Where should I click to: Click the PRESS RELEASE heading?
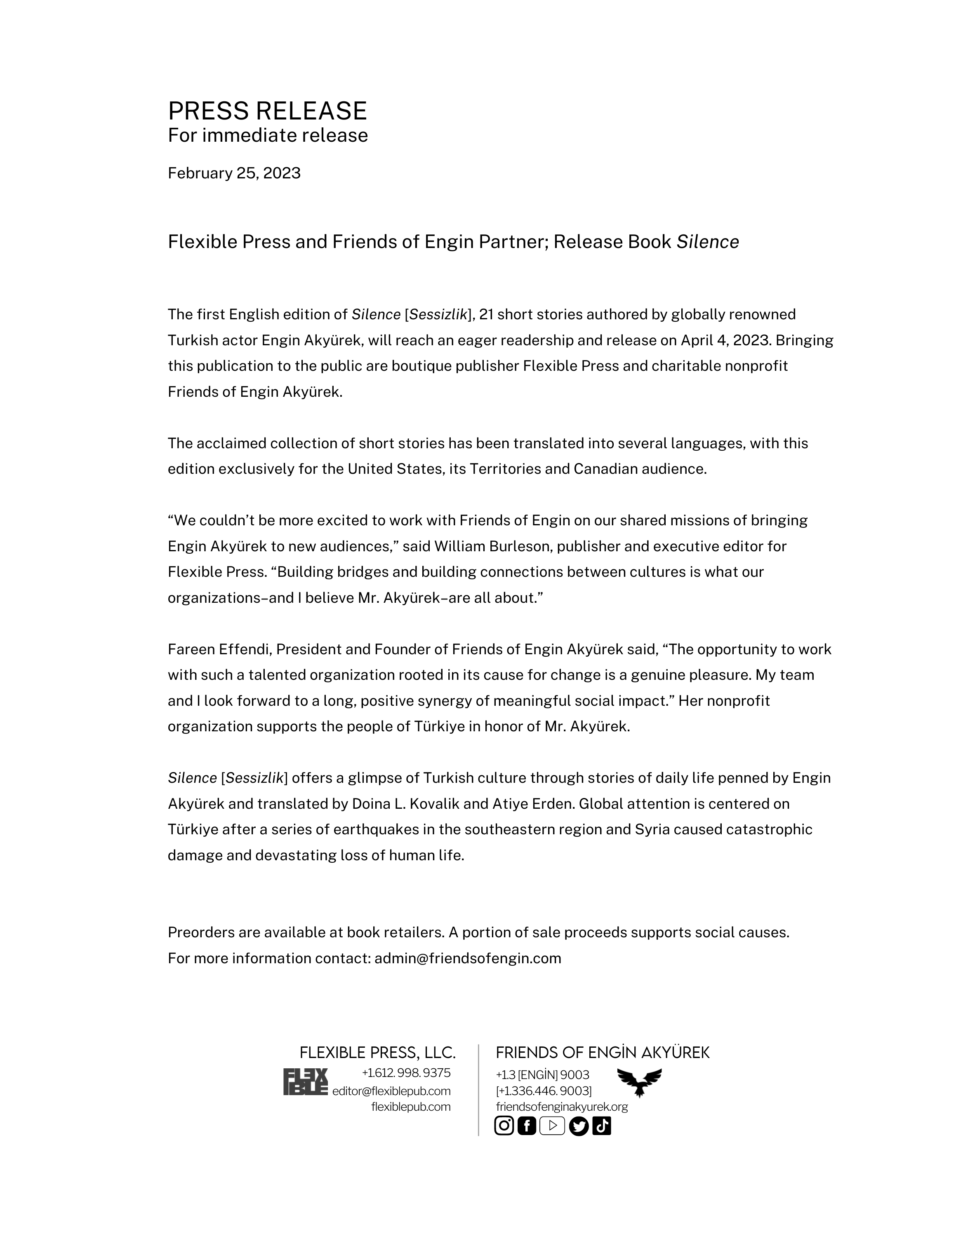(x=267, y=111)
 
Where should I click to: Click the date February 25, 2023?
(x=234, y=173)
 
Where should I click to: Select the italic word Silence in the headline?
(x=707, y=242)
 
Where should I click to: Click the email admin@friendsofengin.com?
(x=468, y=959)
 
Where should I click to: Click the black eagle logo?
(x=639, y=1082)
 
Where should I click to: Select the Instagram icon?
(x=504, y=1126)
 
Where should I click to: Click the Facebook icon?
(x=527, y=1126)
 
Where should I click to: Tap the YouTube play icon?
(x=552, y=1126)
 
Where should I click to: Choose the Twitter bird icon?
(x=578, y=1126)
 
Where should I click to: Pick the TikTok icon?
(x=601, y=1126)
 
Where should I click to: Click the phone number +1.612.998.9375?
(x=406, y=1073)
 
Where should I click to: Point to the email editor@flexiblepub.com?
(x=391, y=1091)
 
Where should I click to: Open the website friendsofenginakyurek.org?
(x=562, y=1107)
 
